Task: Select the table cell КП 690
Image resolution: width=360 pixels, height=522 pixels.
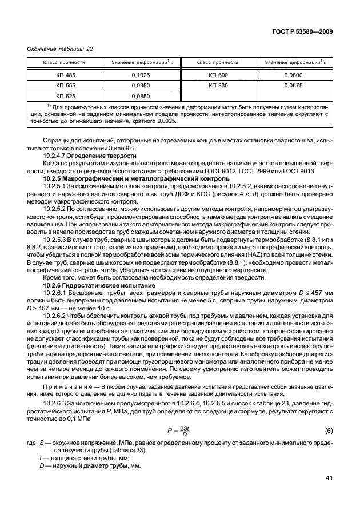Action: coord(218,75)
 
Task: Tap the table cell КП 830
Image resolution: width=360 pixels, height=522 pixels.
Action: coord(218,86)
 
